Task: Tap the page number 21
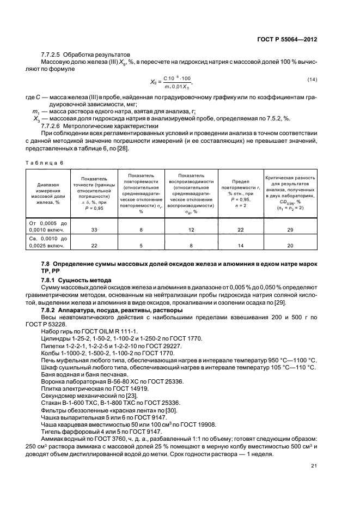pyautogui.click(x=314, y=465)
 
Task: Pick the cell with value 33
pyautogui.click(x=94, y=230)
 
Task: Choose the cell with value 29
pyautogui.click(x=290, y=230)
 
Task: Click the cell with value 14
pyautogui.click(x=240, y=246)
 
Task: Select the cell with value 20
pyautogui.click(x=290, y=246)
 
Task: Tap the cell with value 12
pyautogui.click(x=191, y=230)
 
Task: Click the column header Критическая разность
pyautogui.click(x=290, y=193)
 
